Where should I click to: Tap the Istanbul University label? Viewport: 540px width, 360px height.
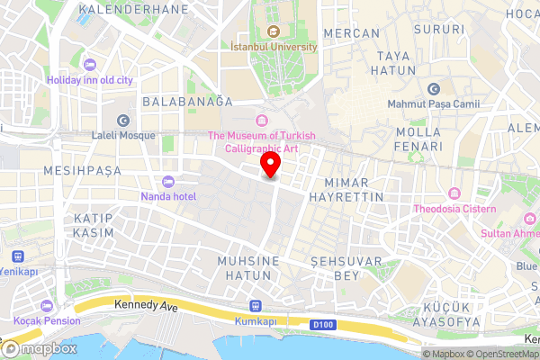pos(274,46)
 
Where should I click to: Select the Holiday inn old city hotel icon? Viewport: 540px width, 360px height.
pos(89,64)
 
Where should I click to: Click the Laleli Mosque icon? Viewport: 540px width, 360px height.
pos(123,120)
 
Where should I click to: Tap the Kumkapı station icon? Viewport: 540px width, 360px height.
pos(255,305)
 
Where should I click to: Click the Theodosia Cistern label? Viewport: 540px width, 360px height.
pos(455,209)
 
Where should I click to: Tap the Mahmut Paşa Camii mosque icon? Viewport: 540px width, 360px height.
pos(435,88)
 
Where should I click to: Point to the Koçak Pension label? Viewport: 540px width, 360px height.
pos(46,320)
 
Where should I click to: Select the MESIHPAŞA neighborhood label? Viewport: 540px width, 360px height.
pos(83,169)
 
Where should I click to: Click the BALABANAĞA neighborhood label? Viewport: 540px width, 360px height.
pos(187,103)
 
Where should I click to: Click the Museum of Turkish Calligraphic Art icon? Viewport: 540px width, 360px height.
pos(262,121)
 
